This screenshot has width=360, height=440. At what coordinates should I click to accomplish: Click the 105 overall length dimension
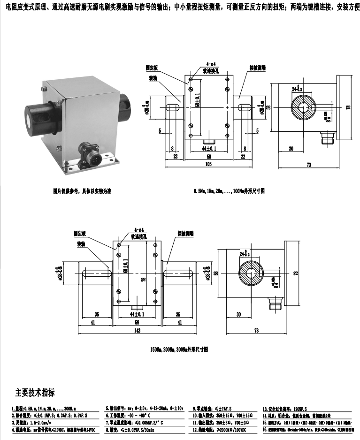pyautogui.click(x=209, y=164)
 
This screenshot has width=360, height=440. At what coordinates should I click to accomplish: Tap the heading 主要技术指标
pyautogui.click(x=35, y=392)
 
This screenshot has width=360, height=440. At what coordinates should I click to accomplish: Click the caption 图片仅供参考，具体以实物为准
pyautogui.click(x=82, y=191)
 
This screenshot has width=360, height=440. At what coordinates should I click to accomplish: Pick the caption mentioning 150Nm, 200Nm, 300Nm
pyautogui.click(x=179, y=350)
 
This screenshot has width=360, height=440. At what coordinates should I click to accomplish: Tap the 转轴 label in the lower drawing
pyautogui.click(x=82, y=244)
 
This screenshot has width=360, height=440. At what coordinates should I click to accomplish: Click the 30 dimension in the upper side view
pyautogui.click(x=291, y=148)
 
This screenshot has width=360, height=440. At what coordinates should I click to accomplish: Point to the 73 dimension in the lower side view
pyautogui.click(x=256, y=331)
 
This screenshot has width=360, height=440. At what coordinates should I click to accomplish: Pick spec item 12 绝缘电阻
pyautogui.click(x=220, y=429)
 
